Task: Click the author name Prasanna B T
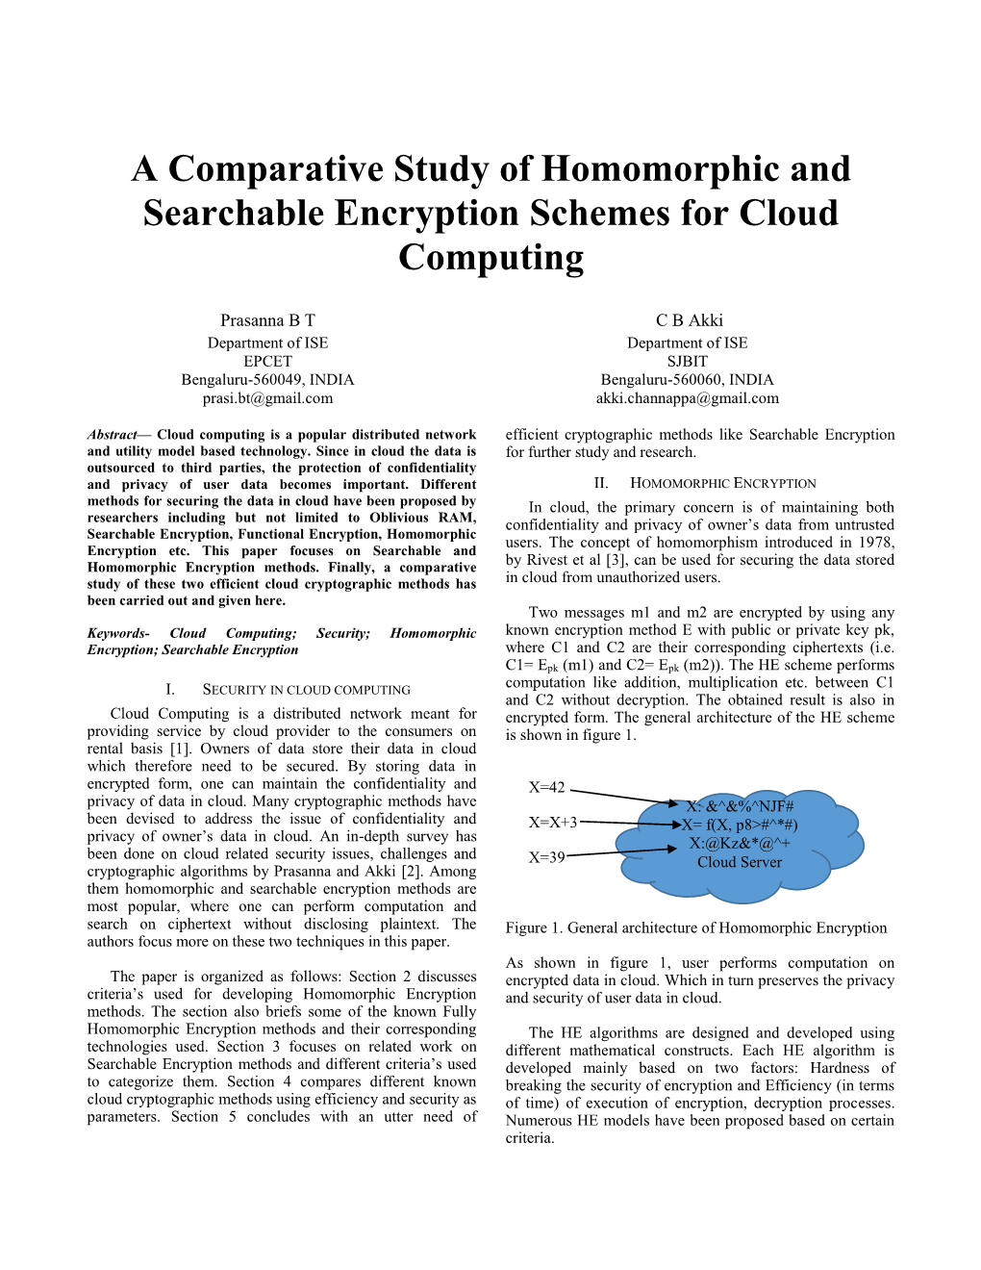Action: (267, 320)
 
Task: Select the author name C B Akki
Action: (689, 320)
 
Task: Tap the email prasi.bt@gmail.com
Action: (267, 398)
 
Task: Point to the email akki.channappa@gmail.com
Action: (688, 398)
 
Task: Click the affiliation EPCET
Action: (267, 361)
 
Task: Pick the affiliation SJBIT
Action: (688, 361)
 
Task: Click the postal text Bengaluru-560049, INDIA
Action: (267, 380)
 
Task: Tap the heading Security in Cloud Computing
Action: (306, 690)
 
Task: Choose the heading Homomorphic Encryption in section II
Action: (722, 484)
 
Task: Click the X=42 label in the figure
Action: (547, 788)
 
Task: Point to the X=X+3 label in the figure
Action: (553, 823)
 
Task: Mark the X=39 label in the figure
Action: (547, 857)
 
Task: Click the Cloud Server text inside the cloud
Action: (739, 863)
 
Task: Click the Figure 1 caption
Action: (695, 928)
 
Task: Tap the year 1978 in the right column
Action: (875, 543)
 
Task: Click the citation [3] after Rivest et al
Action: (616, 560)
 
